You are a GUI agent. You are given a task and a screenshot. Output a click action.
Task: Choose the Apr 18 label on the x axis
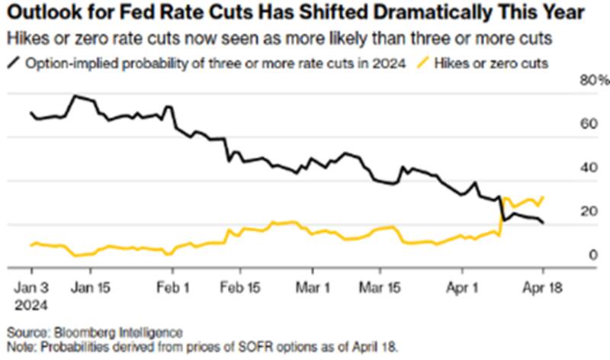[x=542, y=289]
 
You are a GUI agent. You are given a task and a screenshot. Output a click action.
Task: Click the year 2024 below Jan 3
[x=32, y=304]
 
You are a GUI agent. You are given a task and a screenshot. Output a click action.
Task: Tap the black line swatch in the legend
[x=18, y=62]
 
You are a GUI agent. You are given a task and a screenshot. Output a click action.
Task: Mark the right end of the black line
[x=543, y=223]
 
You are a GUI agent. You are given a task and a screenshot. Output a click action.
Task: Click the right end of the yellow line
[x=543, y=197]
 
